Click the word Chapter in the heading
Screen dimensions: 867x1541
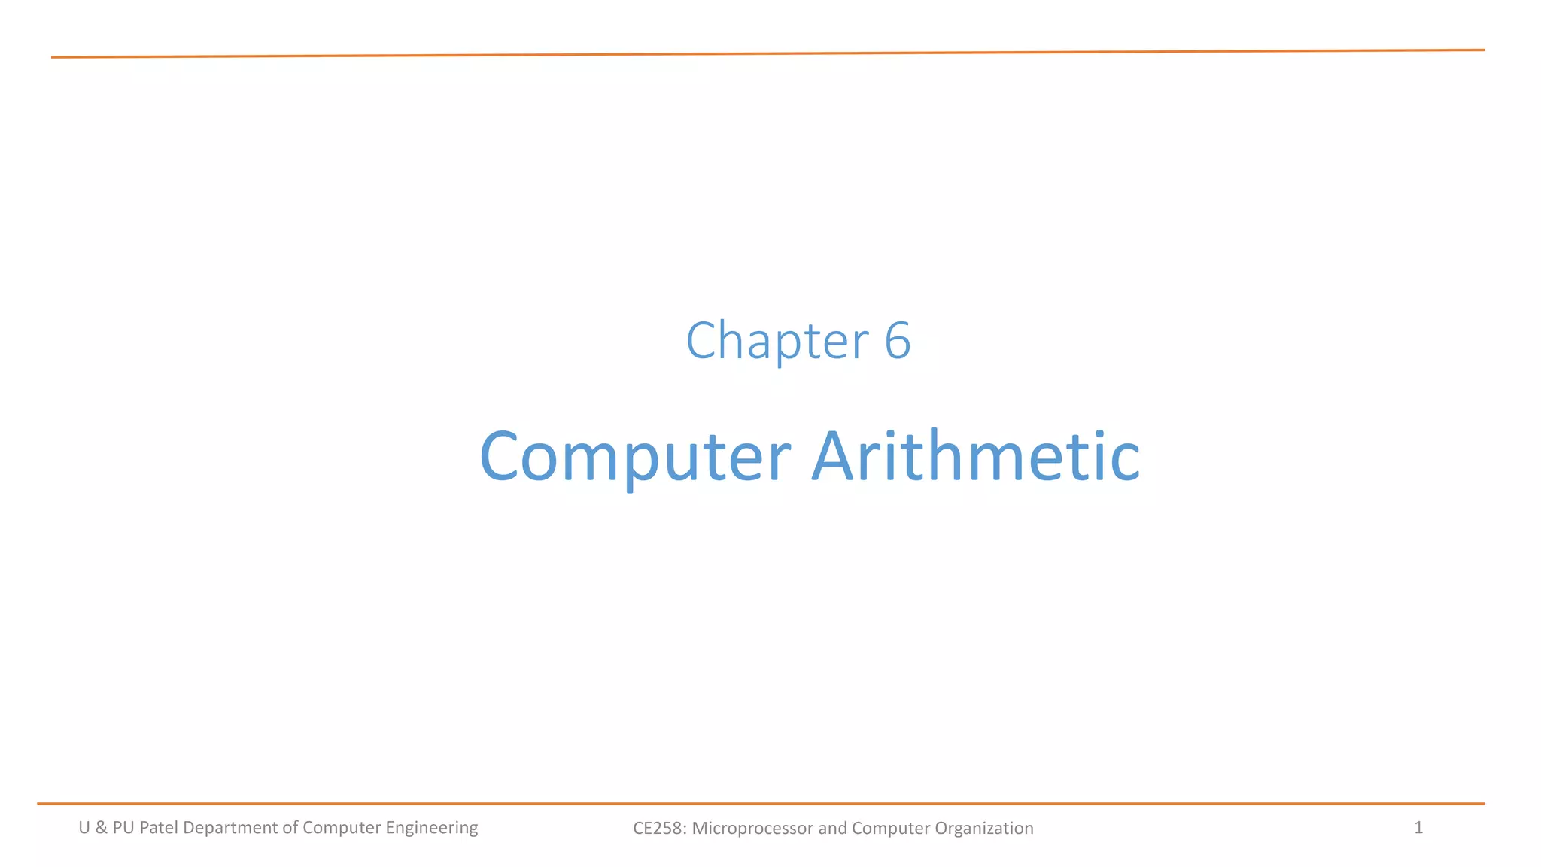click(777, 341)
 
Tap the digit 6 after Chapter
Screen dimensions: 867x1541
click(897, 341)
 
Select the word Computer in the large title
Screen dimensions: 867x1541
click(635, 456)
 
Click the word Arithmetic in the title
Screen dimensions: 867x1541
click(975, 456)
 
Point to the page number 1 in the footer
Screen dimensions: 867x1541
click(1418, 828)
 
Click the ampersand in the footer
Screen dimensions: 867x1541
click(102, 828)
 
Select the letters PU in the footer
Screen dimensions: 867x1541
click(123, 828)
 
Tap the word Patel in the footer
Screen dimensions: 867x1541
click(159, 828)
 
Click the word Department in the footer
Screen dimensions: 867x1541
click(230, 828)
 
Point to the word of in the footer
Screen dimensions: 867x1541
click(290, 828)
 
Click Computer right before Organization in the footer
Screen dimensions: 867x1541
click(891, 829)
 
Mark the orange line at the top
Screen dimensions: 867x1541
click(767, 53)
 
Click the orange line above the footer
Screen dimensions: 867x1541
click(760, 804)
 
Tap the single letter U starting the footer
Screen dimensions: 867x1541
click(84, 828)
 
